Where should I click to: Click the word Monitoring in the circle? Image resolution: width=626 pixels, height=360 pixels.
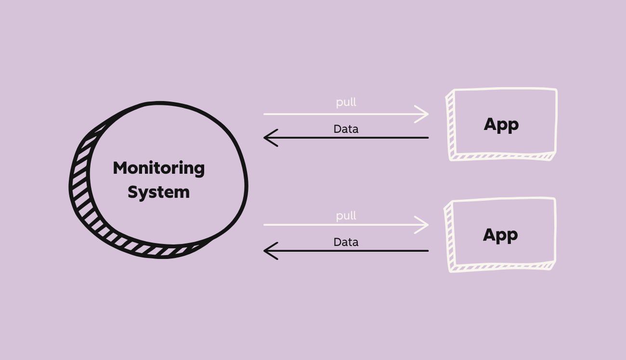pyautogui.click(x=158, y=168)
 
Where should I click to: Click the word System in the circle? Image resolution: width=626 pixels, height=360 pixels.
pyautogui.click(x=158, y=192)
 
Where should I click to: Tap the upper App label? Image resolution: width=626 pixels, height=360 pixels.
pyautogui.click(x=501, y=125)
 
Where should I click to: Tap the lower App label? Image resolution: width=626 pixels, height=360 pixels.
pyautogui.click(x=500, y=235)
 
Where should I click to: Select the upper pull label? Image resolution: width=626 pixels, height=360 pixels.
pyautogui.click(x=346, y=103)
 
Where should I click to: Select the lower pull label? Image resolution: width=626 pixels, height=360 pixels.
pyautogui.click(x=346, y=216)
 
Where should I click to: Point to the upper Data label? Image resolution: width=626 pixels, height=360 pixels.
pyautogui.click(x=346, y=129)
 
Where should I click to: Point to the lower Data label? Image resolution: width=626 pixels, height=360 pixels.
pyautogui.click(x=346, y=242)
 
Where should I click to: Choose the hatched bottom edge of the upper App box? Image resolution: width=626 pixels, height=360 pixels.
pyautogui.click(x=501, y=156)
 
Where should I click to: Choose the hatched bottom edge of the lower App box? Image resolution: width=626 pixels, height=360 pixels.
pyautogui.click(x=501, y=267)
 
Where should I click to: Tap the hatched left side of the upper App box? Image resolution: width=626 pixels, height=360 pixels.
pyautogui.click(x=450, y=125)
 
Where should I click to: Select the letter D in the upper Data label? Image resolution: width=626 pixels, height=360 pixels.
pyautogui.click(x=337, y=129)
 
